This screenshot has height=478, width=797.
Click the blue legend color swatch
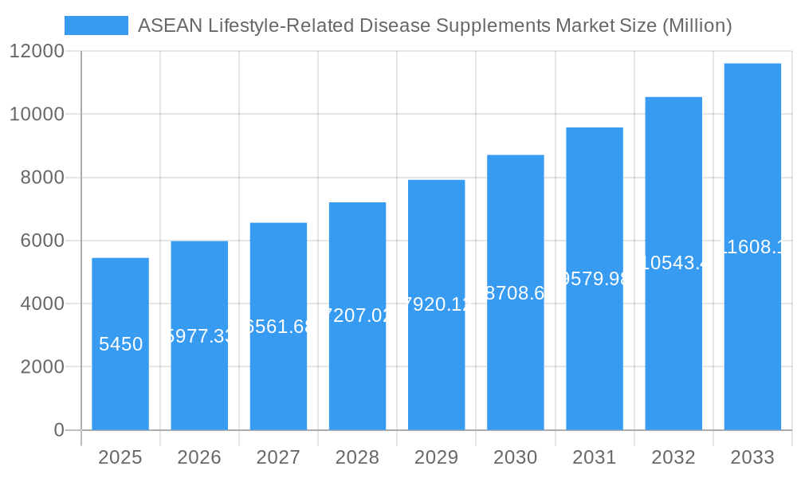click(96, 25)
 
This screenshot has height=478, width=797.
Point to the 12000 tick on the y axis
click(37, 52)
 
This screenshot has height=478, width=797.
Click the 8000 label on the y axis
click(42, 178)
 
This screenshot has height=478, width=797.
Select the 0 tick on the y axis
click(58, 430)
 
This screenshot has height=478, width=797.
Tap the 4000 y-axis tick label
click(42, 304)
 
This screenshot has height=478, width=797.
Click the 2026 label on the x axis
click(199, 457)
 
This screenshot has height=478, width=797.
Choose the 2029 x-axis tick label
click(436, 457)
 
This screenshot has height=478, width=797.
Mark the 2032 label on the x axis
click(673, 457)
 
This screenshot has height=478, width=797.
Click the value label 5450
click(120, 344)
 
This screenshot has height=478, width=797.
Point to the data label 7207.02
click(357, 315)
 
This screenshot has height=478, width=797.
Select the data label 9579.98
click(595, 279)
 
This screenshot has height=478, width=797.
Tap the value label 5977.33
click(199, 335)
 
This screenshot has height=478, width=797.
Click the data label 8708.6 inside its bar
click(516, 292)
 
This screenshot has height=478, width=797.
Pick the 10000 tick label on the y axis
click(37, 115)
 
